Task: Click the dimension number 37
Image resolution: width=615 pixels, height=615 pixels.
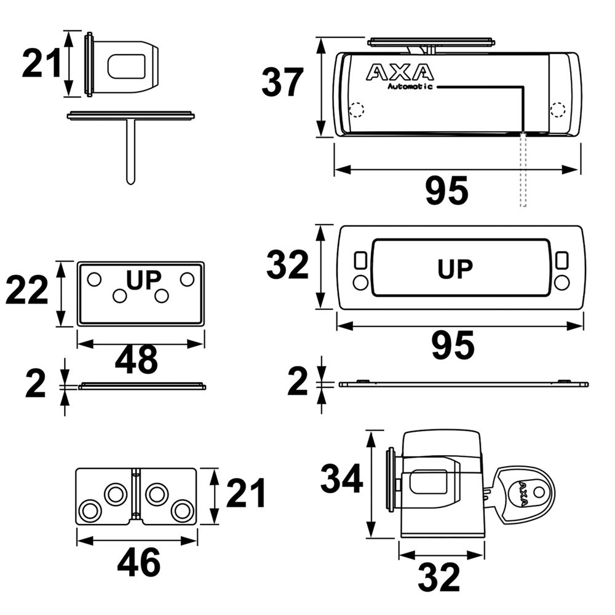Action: point(283,83)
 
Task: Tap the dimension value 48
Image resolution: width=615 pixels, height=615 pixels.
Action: point(137,360)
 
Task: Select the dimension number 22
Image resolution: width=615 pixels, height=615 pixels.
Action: point(27,290)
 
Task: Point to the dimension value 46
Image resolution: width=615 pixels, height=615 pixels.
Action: point(139,562)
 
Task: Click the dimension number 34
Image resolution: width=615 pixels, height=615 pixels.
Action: point(342,480)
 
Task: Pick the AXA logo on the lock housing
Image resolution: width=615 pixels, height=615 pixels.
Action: point(400,72)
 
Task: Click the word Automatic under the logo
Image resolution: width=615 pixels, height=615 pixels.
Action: point(410,87)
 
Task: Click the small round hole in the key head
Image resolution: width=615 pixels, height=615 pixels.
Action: point(539,491)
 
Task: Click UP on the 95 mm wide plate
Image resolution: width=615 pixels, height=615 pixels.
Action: point(455,269)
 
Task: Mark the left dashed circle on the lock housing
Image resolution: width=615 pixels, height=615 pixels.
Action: point(356,110)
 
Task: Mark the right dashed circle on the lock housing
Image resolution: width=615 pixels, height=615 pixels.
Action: point(558,109)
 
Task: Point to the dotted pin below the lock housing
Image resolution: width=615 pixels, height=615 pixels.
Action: point(523,172)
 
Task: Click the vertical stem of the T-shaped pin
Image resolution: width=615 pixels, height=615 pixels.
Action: point(130,151)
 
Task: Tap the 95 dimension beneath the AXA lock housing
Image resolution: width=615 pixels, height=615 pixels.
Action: point(447,191)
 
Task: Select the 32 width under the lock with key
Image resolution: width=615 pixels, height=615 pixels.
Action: point(439,577)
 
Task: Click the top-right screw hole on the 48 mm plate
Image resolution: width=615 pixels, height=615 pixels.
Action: point(187,279)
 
